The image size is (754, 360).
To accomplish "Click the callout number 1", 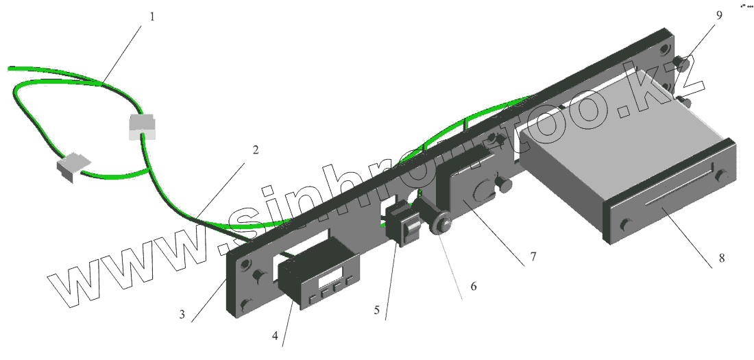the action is tap(152, 17).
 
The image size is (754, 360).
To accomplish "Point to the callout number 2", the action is tap(256, 149).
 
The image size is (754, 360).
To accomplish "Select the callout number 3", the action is tap(182, 315).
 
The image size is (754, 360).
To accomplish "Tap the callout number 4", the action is tap(275, 336).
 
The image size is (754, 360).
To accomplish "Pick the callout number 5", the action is tap(377, 311).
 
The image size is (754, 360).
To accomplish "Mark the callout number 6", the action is tap(473, 287).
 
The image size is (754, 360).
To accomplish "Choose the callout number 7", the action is tap(533, 256).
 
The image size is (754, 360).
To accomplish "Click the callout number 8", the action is tap(721, 258).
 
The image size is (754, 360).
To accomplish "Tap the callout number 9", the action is tap(719, 15).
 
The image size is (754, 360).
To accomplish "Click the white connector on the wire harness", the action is tap(143, 127).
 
